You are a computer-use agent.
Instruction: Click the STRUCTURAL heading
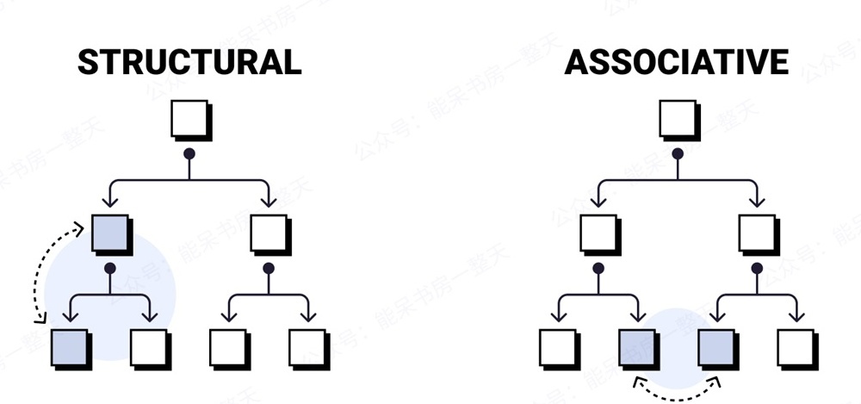point(189,62)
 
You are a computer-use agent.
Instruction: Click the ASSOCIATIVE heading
point(676,62)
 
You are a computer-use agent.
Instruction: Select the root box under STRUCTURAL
point(189,120)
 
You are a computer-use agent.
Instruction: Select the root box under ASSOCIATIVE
point(678,120)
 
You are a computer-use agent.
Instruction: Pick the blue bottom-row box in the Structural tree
point(70,347)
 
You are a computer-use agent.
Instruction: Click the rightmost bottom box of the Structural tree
point(307,347)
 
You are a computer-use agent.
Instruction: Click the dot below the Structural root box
point(189,155)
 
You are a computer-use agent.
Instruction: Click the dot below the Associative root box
point(678,155)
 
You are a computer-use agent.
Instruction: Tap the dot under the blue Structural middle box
point(109,269)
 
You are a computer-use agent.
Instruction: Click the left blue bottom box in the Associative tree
point(638,347)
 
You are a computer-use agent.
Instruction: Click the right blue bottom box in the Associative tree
point(716,347)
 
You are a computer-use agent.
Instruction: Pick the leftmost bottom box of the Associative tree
point(559,347)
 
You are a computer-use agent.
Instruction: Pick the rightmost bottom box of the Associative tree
point(796,347)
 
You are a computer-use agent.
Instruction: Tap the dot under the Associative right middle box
point(757,269)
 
